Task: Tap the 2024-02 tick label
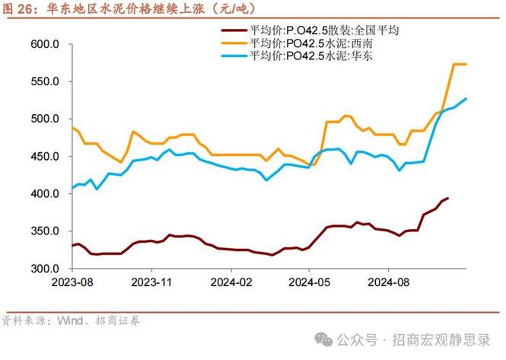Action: (230, 282)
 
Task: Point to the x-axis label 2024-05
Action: (308, 282)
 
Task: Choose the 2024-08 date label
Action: (387, 282)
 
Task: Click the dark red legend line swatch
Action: (233, 30)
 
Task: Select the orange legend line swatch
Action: (233, 43)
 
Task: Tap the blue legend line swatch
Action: (233, 56)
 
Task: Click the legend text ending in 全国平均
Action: (324, 30)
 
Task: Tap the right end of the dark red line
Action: (447, 198)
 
